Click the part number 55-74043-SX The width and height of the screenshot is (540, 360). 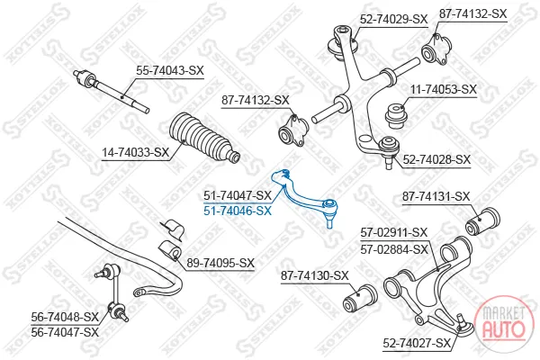pos(170,71)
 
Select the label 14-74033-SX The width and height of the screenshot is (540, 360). pos(136,152)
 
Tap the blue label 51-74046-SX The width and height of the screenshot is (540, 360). pos(238,211)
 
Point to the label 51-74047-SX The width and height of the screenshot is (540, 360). pos(238,195)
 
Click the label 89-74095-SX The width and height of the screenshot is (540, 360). pos(220,263)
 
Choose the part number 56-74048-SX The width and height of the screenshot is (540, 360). pos(65,317)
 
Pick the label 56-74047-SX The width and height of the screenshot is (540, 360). pos(65,332)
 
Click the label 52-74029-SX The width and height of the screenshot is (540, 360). pos(393,19)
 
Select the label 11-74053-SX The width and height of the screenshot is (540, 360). pos(444,90)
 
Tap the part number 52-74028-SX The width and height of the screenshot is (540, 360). pos(436,160)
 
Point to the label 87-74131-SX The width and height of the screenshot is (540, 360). pos(436,197)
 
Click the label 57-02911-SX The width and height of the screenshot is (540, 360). pos(394,233)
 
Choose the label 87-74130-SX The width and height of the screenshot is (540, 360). pos(315,275)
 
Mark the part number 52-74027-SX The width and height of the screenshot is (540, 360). pos(417,343)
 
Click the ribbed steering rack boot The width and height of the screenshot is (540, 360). pos(204,138)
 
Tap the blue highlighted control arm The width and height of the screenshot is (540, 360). pos(304,196)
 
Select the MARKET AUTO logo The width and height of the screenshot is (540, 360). pos(504,323)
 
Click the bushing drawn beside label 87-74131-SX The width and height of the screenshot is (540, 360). pos(482,220)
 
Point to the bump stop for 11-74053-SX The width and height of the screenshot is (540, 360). pos(397,116)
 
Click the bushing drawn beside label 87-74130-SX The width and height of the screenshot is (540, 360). pos(361,298)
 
